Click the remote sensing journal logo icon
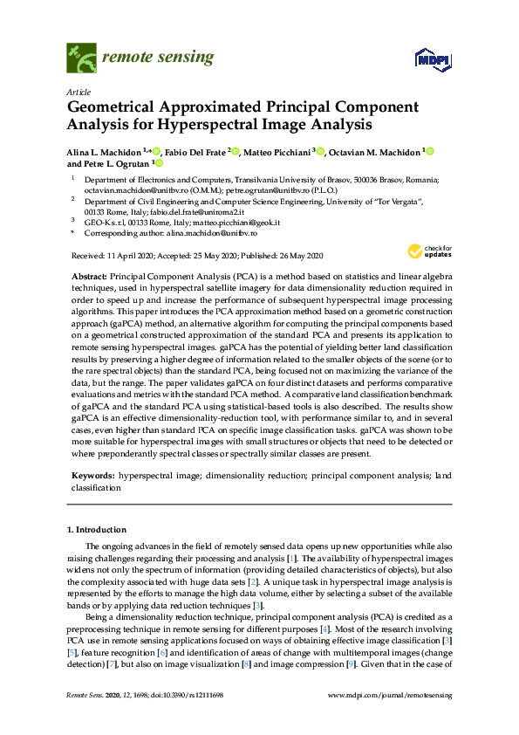pos(82,58)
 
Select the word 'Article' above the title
pos(79,91)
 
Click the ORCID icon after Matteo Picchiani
pos(321,152)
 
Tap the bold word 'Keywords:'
pos(92,476)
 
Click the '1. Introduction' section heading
pos(97,530)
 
